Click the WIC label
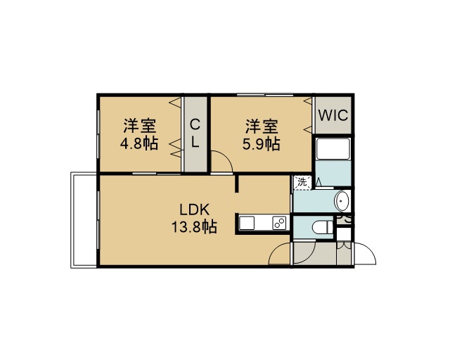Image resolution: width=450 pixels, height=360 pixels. point(333,115)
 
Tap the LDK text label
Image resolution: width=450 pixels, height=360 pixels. point(195,210)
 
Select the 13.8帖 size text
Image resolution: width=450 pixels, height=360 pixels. point(194,227)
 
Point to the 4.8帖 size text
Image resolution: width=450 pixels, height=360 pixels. point(139,143)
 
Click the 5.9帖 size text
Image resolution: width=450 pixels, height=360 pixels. point(261,144)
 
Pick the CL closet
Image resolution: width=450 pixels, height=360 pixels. point(195,134)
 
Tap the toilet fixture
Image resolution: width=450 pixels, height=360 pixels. point(322,227)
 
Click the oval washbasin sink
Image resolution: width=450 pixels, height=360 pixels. point(342,200)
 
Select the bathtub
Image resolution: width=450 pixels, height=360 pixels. point(333,149)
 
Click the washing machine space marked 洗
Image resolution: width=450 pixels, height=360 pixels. point(302,182)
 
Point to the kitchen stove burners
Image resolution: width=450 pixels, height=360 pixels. point(280,223)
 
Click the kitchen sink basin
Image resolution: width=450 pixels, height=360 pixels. point(247,223)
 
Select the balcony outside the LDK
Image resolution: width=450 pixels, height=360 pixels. point(84,220)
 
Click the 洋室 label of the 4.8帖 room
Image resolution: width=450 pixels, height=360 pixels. point(140,126)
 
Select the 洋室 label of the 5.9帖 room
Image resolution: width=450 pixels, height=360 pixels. point(262,127)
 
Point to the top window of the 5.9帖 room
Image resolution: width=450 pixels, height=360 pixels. point(265,94)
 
